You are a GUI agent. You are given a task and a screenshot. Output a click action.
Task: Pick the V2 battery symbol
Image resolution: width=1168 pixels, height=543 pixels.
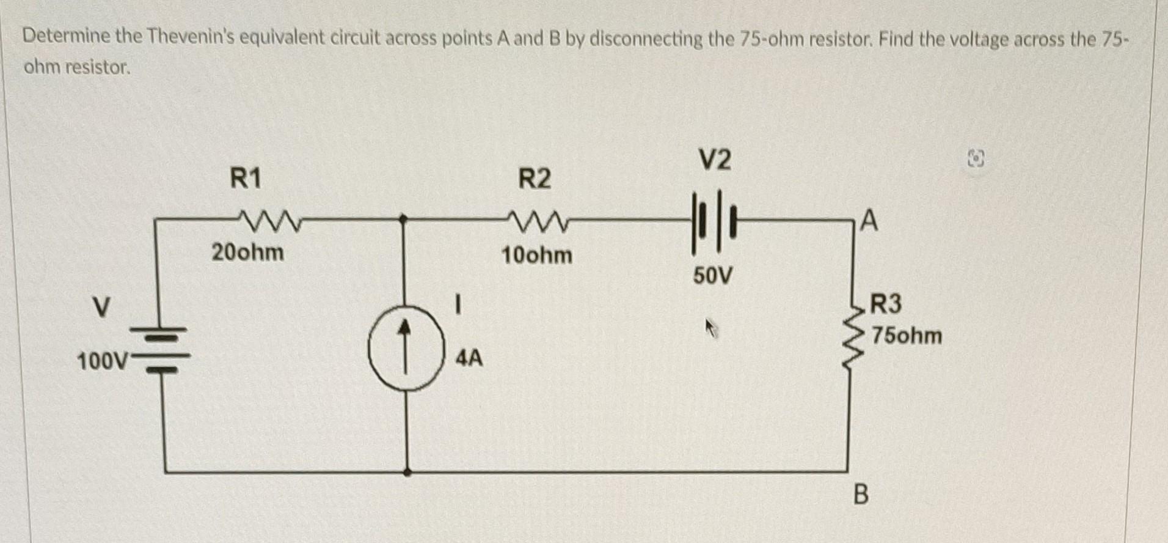point(712,221)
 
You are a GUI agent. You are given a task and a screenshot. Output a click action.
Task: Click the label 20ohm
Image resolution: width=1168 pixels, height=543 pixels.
point(247,252)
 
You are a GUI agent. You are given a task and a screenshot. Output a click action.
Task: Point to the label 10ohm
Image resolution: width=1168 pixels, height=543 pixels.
point(536,255)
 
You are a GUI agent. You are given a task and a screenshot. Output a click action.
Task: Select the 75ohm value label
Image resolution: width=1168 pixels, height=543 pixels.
point(907,336)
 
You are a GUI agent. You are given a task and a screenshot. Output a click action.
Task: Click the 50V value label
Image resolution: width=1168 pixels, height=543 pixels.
point(712,276)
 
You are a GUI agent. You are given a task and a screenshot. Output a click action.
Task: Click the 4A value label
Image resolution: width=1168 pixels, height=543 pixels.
point(469,358)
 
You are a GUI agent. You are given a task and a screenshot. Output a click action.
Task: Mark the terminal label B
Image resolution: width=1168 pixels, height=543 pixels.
point(860,494)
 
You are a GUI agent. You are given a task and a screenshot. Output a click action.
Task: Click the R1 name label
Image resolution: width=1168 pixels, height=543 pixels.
point(246,179)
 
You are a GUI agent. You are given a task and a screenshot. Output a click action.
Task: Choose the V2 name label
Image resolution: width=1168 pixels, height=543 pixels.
point(714,160)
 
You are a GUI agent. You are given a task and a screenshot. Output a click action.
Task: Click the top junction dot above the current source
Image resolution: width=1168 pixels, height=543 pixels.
point(403,218)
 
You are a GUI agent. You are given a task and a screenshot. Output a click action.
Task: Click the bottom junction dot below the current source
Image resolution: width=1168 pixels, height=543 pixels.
point(407,472)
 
